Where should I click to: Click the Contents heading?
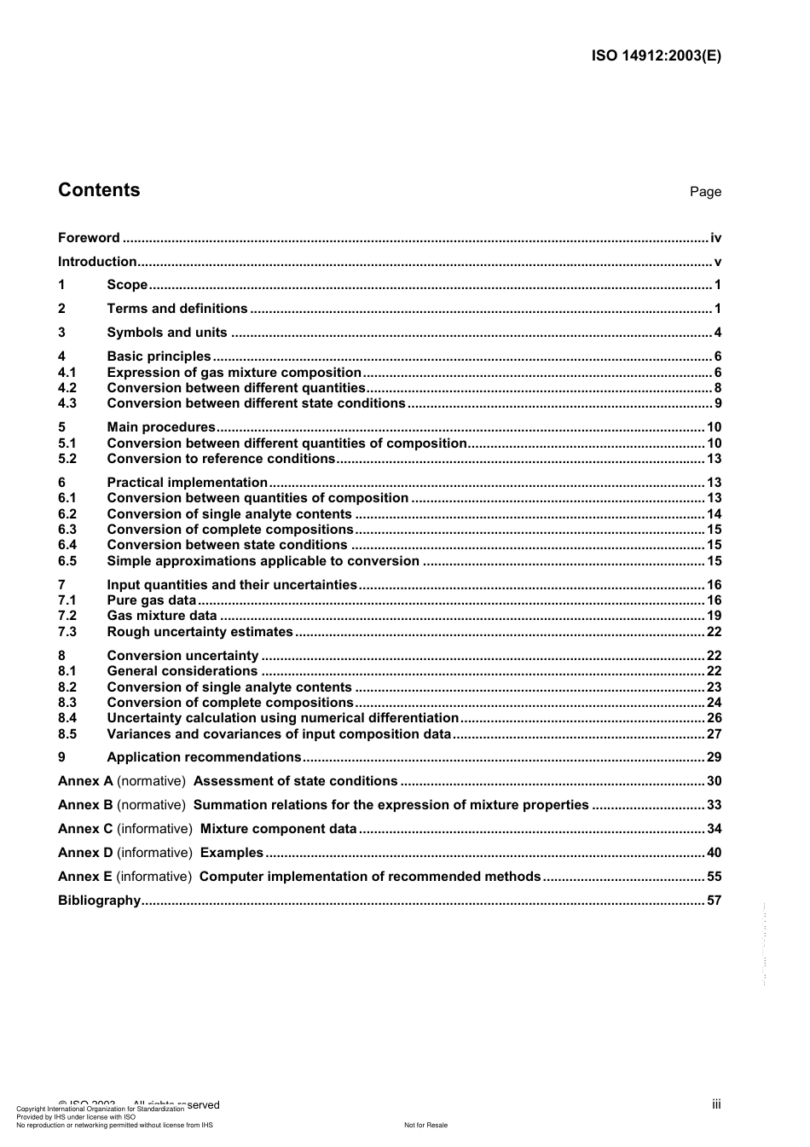[x=99, y=190]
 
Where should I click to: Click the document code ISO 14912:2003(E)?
[x=656, y=56]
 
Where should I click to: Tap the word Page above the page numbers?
[x=705, y=192]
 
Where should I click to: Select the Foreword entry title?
[x=89, y=238]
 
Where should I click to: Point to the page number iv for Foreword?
[x=715, y=238]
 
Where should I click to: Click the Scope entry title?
[x=127, y=285]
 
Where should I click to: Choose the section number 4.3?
[x=67, y=403]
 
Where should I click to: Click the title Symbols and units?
[x=167, y=333]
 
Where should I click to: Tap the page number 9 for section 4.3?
[x=718, y=403]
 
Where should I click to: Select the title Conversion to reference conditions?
[x=221, y=459]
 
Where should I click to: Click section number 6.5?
[x=67, y=561]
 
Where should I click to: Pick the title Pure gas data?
[x=151, y=600]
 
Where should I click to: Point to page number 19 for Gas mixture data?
[x=714, y=616]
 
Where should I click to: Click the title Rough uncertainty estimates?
[x=200, y=632]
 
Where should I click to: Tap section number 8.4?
[x=67, y=718]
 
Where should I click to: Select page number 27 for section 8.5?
[x=714, y=734]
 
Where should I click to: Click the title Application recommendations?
[x=204, y=757]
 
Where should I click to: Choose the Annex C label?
[x=85, y=829]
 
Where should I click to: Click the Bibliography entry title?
[x=99, y=901]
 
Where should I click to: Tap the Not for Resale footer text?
[x=425, y=1125]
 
